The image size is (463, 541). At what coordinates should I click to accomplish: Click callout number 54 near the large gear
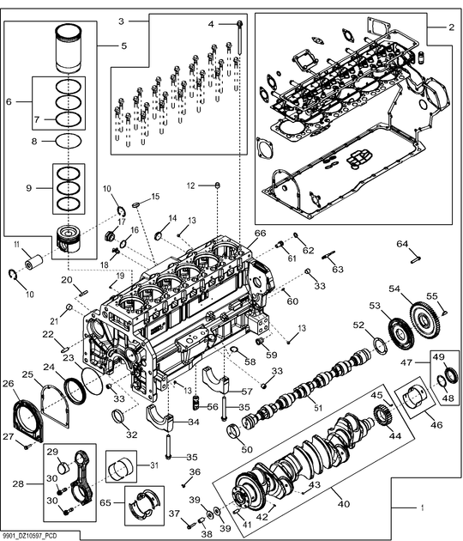[x=394, y=289]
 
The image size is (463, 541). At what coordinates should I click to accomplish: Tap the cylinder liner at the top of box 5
[x=69, y=48]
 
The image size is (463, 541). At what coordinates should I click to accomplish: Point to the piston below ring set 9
[x=70, y=238]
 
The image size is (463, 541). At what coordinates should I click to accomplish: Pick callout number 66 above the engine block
[x=260, y=234]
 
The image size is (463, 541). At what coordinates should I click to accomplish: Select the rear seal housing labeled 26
[x=28, y=420]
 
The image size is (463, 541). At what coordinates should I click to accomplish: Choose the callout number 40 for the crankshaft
[x=344, y=504]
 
